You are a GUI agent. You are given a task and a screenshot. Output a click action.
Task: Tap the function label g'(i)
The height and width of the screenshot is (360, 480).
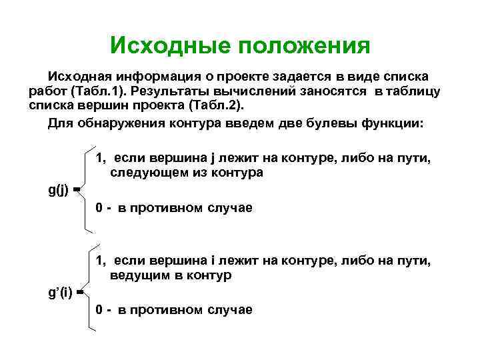(x=61, y=291)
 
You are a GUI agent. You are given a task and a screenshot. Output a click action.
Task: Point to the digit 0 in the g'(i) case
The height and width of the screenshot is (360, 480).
(x=99, y=310)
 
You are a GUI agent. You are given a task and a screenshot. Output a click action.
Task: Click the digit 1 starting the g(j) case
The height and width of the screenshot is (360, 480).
(x=99, y=158)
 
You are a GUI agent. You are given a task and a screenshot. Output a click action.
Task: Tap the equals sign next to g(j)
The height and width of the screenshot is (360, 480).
(x=77, y=191)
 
